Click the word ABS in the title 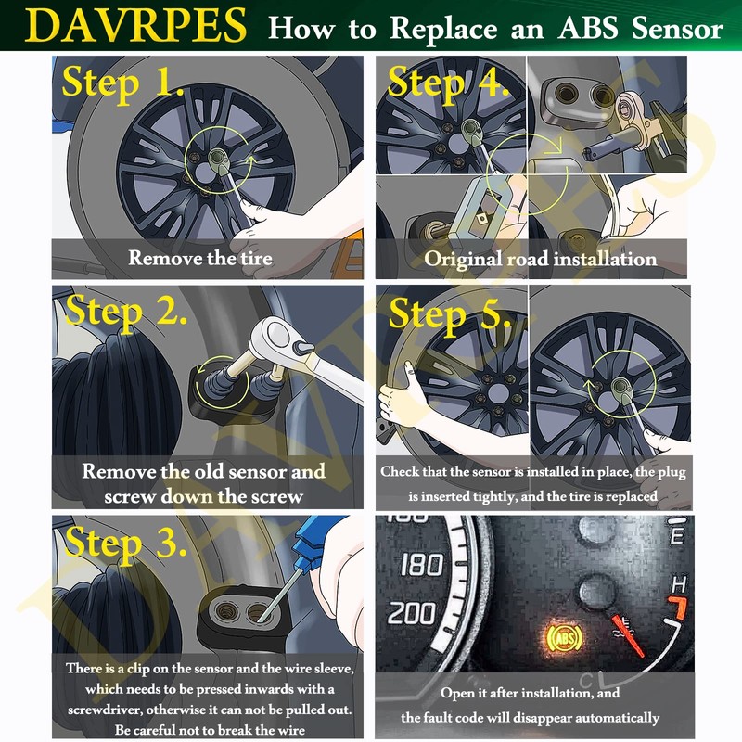point(583,28)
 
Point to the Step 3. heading point(125,542)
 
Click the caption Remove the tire point(200,258)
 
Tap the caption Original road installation point(541,259)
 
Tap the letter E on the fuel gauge point(677,536)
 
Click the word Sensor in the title point(676,28)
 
